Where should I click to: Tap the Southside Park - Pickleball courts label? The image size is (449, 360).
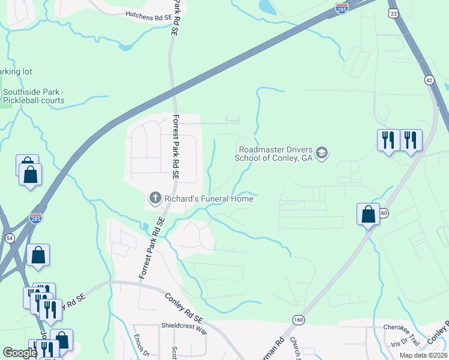(33, 96)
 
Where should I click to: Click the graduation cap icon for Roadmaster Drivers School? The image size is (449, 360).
(322, 154)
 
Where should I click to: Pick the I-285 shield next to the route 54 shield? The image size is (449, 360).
(35, 218)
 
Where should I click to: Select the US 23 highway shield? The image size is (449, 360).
(393, 12)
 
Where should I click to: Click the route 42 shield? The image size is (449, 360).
(429, 79)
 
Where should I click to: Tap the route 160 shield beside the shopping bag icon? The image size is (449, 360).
(385, 213)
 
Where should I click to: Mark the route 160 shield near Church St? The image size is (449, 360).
(298, 320)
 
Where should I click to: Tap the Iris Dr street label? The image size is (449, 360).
(399, 343)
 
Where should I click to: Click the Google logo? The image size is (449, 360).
(20, 353)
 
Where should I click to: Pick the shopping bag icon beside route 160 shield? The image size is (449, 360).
(368, 214)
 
